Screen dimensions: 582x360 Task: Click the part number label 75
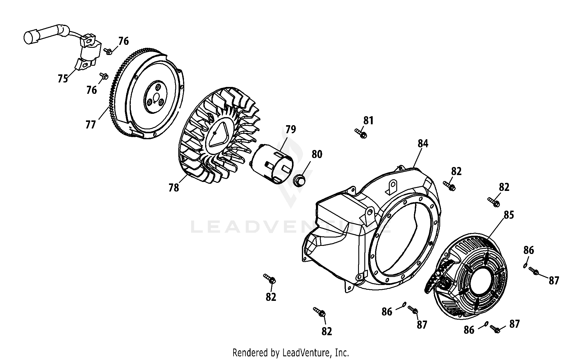pos(63,79)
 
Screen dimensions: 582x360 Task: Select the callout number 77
pos(90,124)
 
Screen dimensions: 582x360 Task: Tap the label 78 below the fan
pos(173,187)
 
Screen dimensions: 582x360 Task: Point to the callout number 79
pos(291,129)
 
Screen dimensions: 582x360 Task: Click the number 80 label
pos(317,154)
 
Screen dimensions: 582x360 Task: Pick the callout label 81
pos(368,120)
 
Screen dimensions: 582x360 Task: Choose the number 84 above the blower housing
pos(423,143)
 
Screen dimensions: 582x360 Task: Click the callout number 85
pos(509,215)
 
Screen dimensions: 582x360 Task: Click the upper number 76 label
pos(123,41)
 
